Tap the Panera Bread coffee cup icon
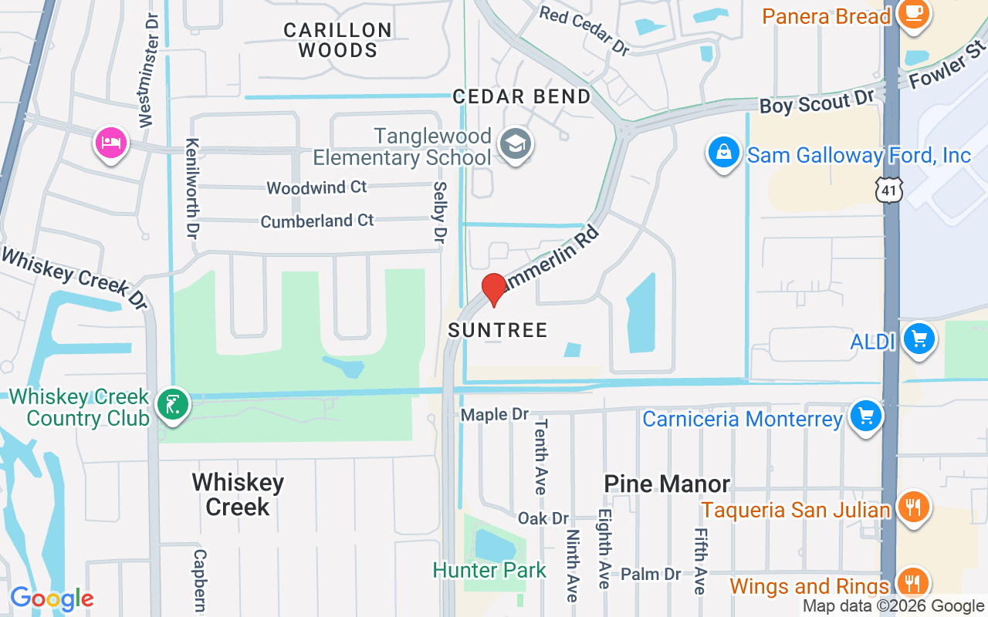pyautogui.click(x=914, y=14)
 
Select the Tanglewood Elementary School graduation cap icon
pyautogui.click(x=515, y=144)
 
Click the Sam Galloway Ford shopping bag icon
pyautogui.click(x=724, y=153)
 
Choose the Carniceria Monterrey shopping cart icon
pyautogui.click(x=865, y=417)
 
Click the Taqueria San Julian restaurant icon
pyautogui.click(x=913, y=507)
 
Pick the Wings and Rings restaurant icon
pyautogui.click(x=913, y=584)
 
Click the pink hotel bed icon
pyautogui.click(x=111, y=143)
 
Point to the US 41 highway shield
pyautogui.click(x=889, y=189)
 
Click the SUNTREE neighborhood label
pyautogui.click(x=498, y=330)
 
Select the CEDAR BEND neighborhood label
pyautogui.click(x=522, y=96)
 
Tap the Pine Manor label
pyautogui.click(x=667, y=484)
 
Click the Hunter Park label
pyautogui.click(x=489, y=571)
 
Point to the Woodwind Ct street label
pyautogui.click(x=316, y=187)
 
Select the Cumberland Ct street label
pyautogui.click(x=316, y=221)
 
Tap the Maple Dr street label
pyautogui.click(x=495, y=415)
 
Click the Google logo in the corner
pyautogui.click(x=52, y=598)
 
